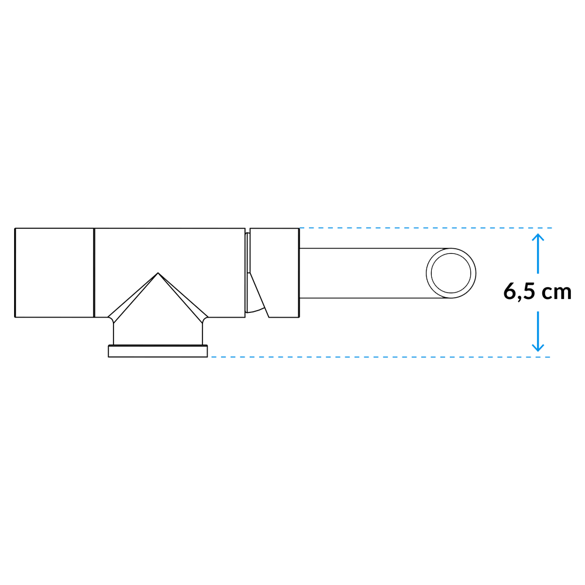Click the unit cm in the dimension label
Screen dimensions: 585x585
tap(556, 292)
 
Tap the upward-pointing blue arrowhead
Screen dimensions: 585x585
tap(538, 238)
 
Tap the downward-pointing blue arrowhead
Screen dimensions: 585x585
tap(538, 347)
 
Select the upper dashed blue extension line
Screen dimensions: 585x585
tap(426, 228)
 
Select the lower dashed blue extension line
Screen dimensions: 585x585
tap(381, 357)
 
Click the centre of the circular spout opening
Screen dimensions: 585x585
tap(451, 273)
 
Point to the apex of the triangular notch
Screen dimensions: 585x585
tap(158, 273)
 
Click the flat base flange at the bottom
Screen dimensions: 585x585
tap(158, 351)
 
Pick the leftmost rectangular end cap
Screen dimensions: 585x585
tap(54, 273)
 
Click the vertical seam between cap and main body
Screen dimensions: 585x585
tap(94, 273)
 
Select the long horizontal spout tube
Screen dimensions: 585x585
tap(373, 273)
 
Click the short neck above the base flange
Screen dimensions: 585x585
tap(158, 332)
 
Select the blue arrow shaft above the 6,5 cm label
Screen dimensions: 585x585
tap(538, 254)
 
